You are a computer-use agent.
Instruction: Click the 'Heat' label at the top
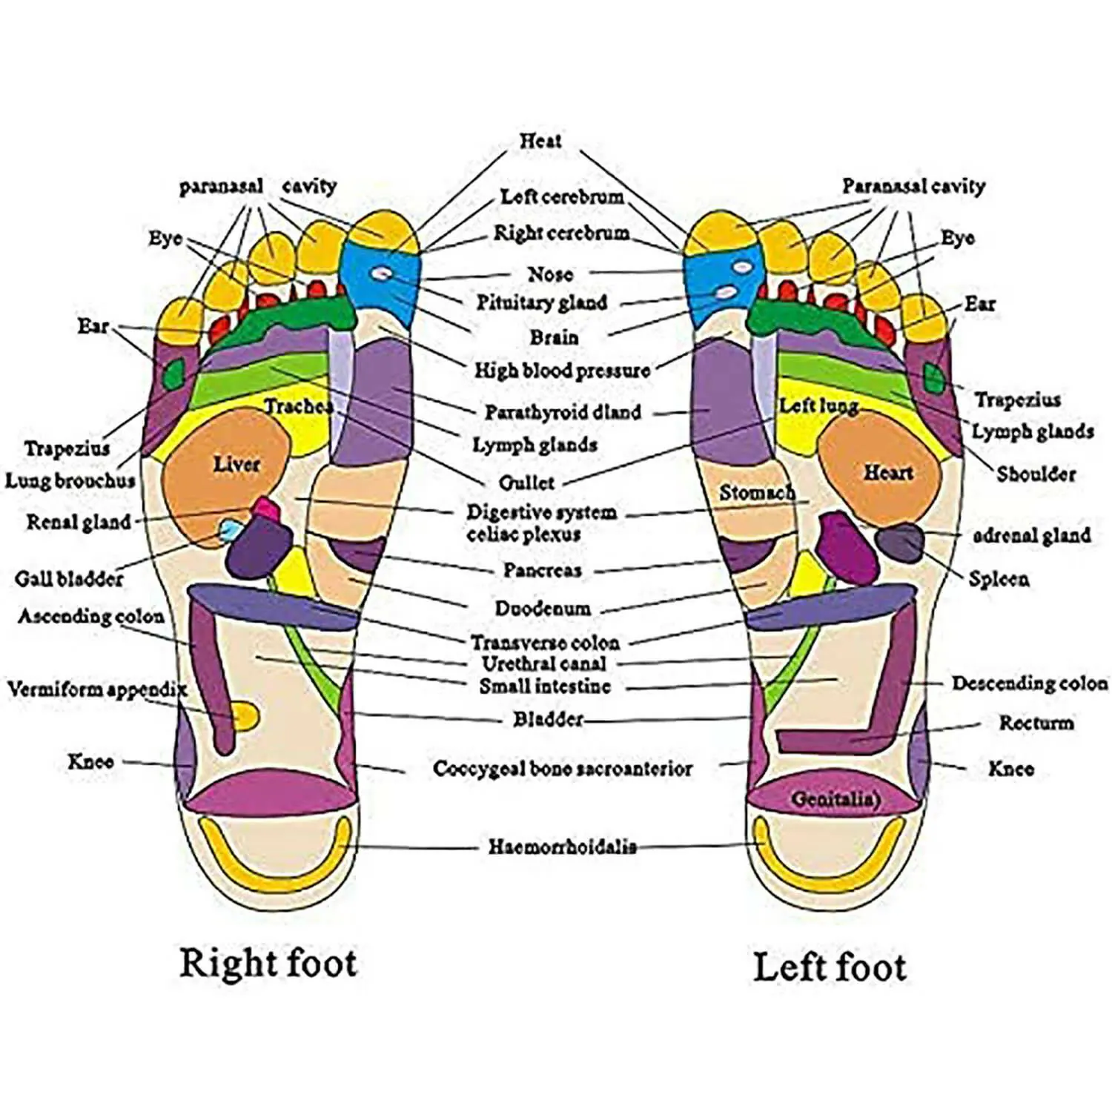tap(540, 140)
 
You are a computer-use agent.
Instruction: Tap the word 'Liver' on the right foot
tap(236, 465)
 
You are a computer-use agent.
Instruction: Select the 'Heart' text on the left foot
tap(887, 472)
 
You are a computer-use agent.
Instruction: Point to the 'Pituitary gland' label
tap(541, 302)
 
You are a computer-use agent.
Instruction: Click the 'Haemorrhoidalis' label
tap(562, 847)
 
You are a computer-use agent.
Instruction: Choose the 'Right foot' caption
tap(268, 963)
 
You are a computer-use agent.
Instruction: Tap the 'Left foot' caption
tap(830, 967)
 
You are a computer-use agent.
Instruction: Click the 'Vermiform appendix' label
tap(96, 689)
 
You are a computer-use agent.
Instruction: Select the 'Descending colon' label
tap(1030, 683)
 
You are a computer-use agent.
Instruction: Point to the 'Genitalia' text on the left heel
tap(835, 799)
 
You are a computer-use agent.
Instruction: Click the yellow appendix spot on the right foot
tap(245, 715)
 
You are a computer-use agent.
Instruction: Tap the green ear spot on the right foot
tap(176, 373)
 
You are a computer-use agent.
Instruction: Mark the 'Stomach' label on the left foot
tap(756, 492)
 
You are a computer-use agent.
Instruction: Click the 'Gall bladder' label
tap(69, 578)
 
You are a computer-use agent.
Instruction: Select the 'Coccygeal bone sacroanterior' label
tap(562, 769)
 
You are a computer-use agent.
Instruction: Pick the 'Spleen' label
tap(999, 578)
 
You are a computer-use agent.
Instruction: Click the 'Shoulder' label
tap(1035, 474)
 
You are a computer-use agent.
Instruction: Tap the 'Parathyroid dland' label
tap(563, 412)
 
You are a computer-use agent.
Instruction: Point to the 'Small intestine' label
tap(545, 686)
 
